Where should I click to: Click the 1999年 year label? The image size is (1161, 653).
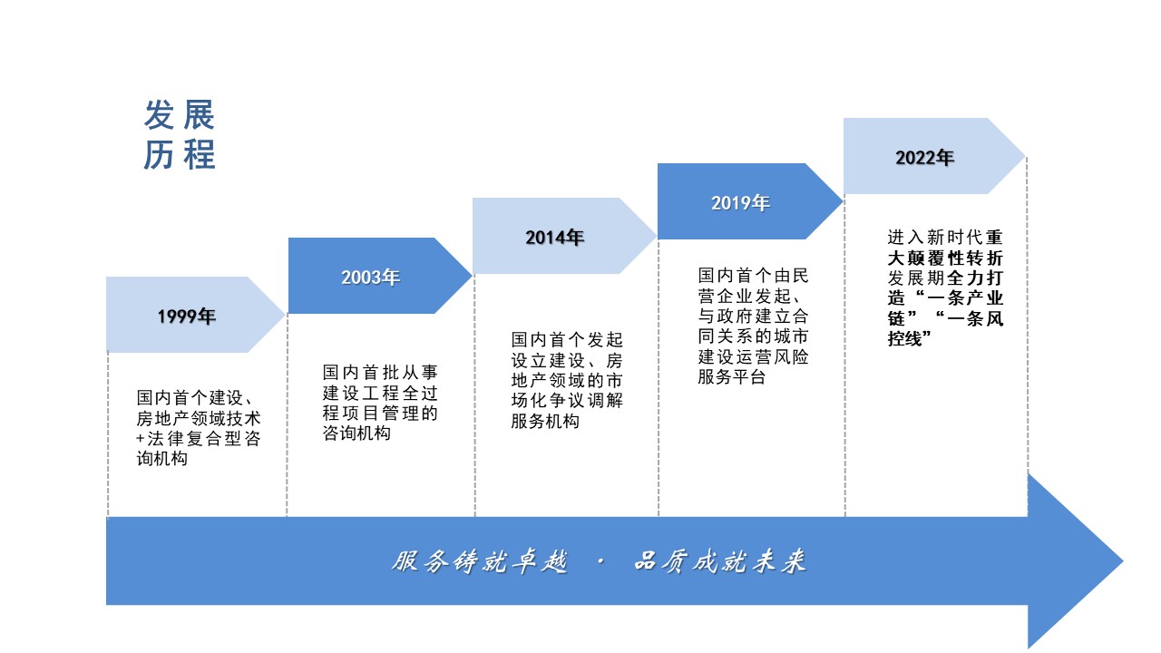187,317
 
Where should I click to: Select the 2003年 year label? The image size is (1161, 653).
371,278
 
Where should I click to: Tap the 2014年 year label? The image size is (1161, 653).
555,238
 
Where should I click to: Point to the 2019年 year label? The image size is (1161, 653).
740,203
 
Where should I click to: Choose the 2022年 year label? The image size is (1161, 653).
925,158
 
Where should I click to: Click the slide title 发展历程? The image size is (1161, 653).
180,135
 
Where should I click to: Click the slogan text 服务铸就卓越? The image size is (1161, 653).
481,562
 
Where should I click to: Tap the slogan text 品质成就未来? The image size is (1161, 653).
720,562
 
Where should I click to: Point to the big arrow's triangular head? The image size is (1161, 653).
1075,560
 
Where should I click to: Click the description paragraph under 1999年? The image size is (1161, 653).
198,428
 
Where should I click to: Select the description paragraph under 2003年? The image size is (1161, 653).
381,403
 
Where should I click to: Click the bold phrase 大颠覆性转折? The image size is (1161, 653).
945,258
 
